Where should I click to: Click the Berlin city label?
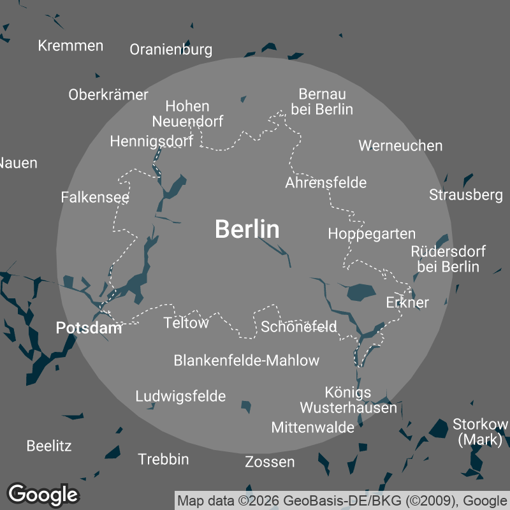coord(247,229)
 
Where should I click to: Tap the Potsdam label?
coord(89,328)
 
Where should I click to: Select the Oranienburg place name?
coord(171,50)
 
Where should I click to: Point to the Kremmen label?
coord(71,45)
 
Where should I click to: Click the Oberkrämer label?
coord(108,94)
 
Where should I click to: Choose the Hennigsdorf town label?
coord(151,141)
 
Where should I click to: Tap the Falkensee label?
coord(95,197)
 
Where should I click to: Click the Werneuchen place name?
coord(400,145)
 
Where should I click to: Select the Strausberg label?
coord(466,194)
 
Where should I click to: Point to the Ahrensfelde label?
coord(326,183)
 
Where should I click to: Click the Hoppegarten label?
coord(372,234)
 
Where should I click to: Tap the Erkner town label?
coord(407,302)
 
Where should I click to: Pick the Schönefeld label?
coord(299,327)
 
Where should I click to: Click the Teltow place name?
coord(186,323)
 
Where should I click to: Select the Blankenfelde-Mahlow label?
coord(247,361)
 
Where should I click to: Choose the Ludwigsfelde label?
coord(180,397)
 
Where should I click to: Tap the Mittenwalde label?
coord(312,427)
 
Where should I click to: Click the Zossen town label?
coord(270,462)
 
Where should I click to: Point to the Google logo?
coord(43,494)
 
